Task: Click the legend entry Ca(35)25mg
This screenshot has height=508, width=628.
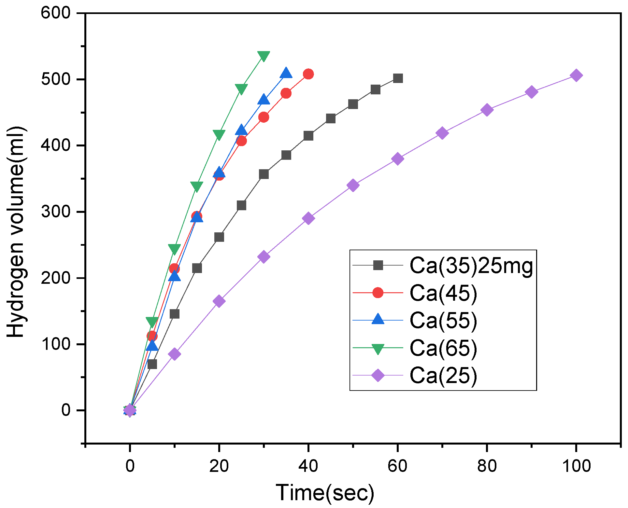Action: click(x=471, y=266)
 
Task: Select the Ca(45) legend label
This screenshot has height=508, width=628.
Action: click(x=443, y=293)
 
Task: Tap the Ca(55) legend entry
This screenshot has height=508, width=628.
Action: click(x=443, y=320)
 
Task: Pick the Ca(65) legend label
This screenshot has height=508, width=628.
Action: click(x=443, y=348)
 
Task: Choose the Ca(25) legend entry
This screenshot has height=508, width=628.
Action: click(x=443, y=376)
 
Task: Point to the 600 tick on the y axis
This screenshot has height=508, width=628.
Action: click(x=56, y=13)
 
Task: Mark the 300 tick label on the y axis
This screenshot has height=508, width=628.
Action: click(x=56, y=212)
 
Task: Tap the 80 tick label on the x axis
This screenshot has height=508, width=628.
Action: click(x=487, y=466)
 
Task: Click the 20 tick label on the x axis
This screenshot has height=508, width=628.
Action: click(x=219, y=466)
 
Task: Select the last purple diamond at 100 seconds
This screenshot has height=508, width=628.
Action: click(x=576, y=76)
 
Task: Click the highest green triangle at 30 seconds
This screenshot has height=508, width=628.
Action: click(x=264, y=56)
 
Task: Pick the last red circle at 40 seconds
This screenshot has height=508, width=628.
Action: click(x=308, y=74)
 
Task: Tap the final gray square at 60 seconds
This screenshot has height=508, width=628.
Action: click(x=398, y=78)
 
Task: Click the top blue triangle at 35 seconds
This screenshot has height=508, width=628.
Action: click(x=286, y=73)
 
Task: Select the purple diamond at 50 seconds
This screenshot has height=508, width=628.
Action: click(x=353, y=185)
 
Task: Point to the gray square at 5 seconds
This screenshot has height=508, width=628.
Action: click(x=152, y=364)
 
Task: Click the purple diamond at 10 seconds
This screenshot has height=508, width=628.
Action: click(x=175, y=354)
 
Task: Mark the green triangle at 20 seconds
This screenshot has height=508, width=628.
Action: click(x=219, y=135)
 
